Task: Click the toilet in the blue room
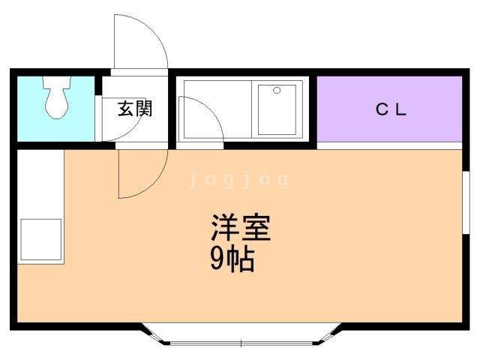[57, 97]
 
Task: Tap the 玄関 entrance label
[135, 108]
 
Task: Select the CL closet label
[391, 109]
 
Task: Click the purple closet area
[389, 109]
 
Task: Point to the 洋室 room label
[241, 228]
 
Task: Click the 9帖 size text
[232, 259]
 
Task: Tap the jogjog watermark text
[238, 180]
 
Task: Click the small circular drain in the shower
[277, 90]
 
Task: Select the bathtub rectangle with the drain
[277, 109]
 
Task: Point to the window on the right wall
[466, 202]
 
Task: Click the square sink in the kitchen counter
[41, 239]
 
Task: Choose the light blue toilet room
[55, 109]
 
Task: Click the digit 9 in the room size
[217, 259]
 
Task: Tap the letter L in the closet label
[401, 109]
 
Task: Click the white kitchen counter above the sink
[40, 184]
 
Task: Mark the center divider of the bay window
[241, 343]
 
